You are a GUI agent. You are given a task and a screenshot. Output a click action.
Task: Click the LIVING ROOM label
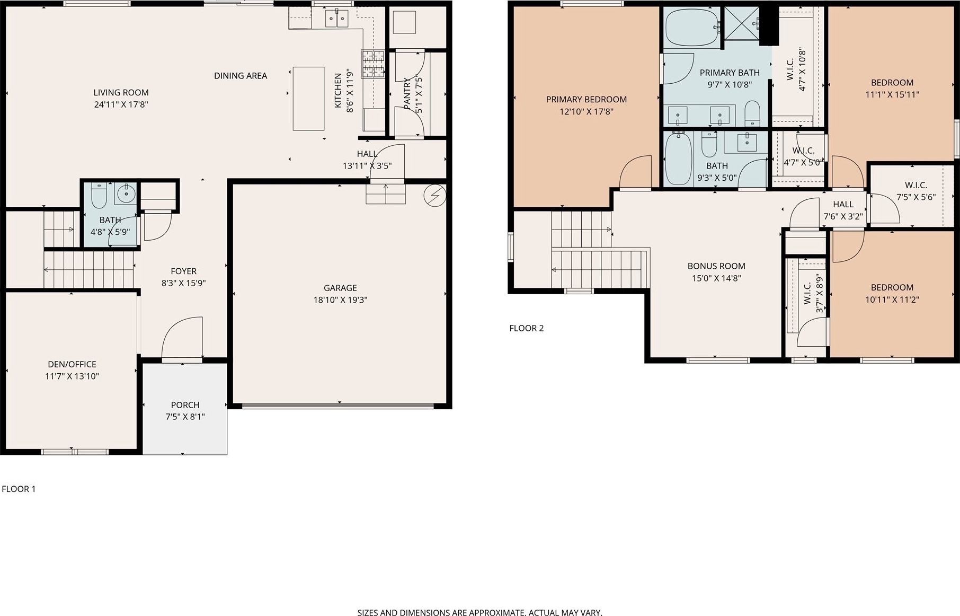(121, 92)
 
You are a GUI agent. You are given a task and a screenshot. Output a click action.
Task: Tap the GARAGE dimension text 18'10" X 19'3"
(340, 300)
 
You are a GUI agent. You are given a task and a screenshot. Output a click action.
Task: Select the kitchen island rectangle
(309, 99)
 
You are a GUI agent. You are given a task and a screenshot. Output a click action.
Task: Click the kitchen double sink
(336, 19)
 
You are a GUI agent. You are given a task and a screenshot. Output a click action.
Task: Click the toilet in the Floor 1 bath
(99, 196)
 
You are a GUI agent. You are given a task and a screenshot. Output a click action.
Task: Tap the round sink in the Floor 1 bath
(126, 193)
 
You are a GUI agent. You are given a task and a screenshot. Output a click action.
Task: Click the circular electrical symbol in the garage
(435, 196)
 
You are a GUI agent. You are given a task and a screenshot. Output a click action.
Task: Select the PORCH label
(185, 405)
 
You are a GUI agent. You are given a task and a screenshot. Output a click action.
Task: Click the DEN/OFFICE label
(72, 364)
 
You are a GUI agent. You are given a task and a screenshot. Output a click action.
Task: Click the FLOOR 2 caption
(527, 328)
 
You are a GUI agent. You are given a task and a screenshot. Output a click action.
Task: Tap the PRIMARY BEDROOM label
(586, 100)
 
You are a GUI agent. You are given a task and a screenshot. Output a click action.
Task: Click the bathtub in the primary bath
(692, 28)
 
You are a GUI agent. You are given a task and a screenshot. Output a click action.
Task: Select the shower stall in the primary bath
(742, 23)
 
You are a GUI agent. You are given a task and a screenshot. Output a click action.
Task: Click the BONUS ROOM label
(716, 266)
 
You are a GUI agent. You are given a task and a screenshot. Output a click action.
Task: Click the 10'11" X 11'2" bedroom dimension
(892, 300)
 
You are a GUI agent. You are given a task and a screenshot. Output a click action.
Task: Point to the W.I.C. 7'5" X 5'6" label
(916, 191)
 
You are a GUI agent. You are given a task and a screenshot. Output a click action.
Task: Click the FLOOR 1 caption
(19, 489)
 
